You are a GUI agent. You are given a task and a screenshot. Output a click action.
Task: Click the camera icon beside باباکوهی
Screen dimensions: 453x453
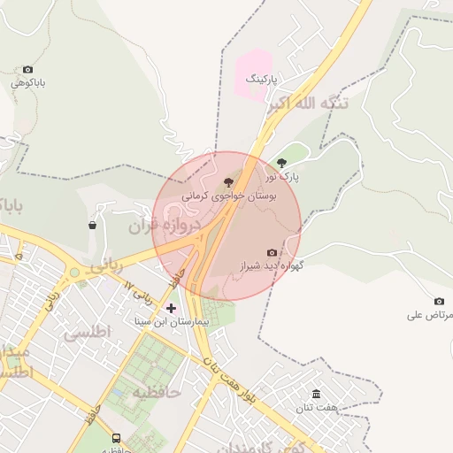28,69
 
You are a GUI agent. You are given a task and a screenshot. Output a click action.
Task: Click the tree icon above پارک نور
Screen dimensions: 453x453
282,163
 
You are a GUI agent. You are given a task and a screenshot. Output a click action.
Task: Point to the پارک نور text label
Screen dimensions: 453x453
284,177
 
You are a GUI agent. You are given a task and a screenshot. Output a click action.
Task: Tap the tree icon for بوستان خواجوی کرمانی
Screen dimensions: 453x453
230,181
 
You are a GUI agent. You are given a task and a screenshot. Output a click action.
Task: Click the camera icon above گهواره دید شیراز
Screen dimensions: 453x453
272,253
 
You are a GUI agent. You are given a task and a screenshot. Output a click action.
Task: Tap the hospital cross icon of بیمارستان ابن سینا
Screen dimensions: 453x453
172,308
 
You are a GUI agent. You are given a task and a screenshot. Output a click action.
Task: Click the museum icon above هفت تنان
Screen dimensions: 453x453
317,394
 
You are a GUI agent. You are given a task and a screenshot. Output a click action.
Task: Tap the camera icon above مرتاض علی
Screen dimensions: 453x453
439,302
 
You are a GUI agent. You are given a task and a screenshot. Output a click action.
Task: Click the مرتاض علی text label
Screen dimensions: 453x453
431,315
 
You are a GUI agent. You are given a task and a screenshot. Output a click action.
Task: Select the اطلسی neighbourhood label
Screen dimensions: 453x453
85,334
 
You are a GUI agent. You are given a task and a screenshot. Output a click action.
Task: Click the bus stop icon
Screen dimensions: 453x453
116,438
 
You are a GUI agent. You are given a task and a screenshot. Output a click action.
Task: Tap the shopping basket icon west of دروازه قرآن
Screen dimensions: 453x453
93,226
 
